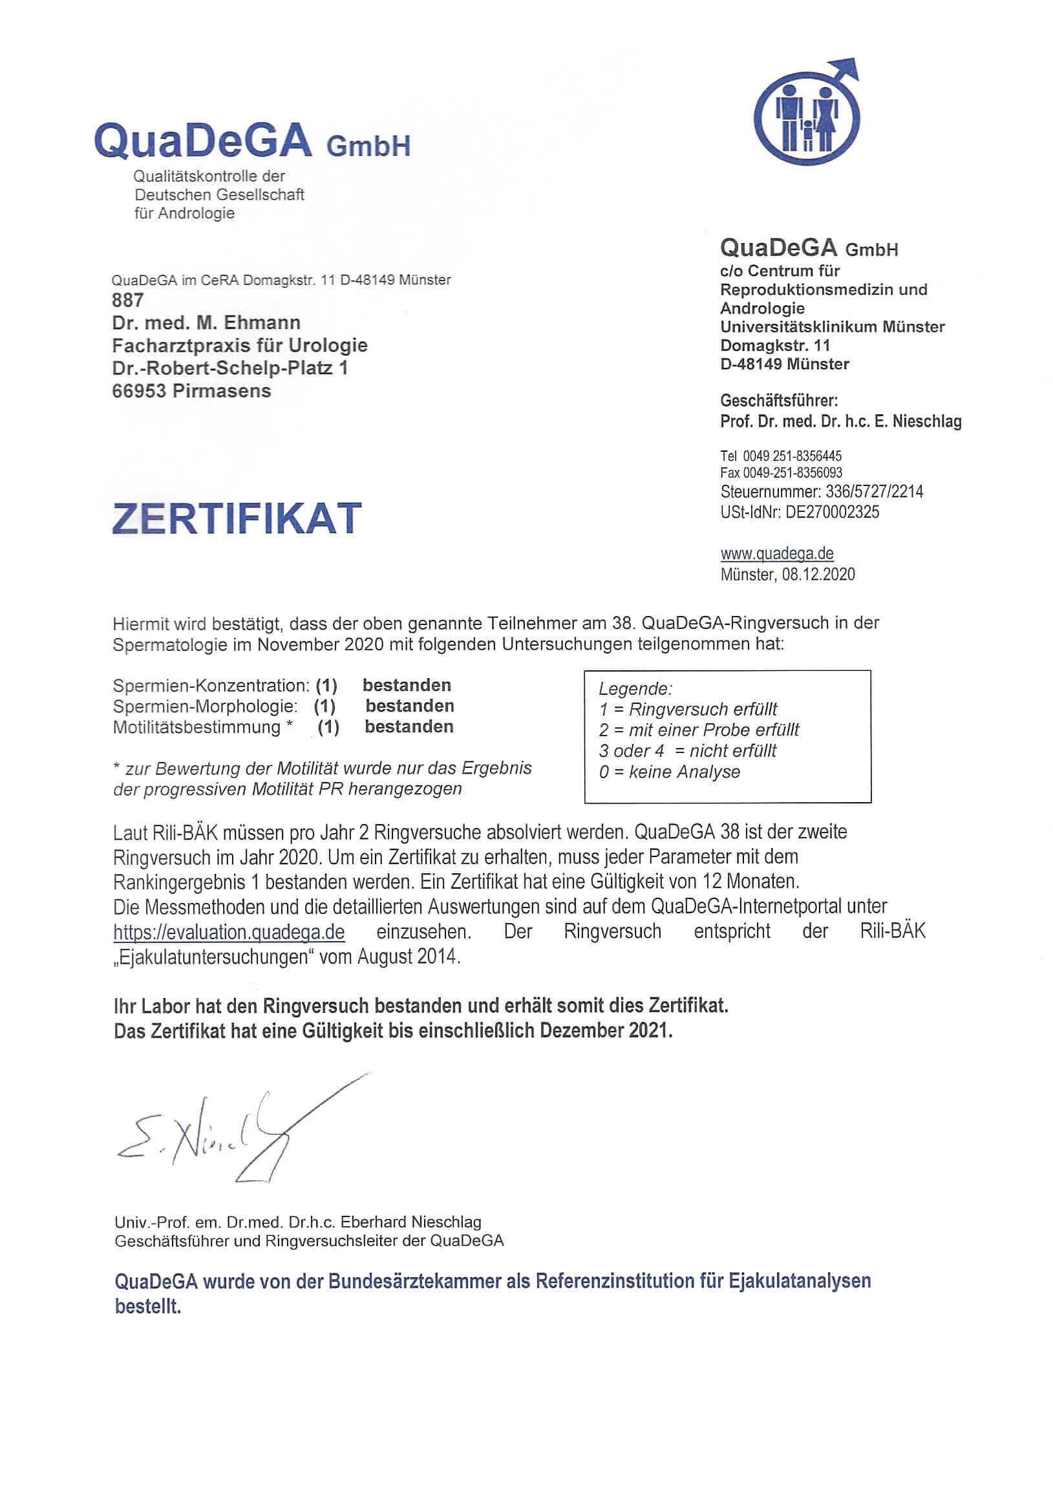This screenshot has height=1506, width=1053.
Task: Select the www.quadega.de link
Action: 777,553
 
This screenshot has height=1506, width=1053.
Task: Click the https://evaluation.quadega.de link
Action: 229,932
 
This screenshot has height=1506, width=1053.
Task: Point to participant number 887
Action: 127,301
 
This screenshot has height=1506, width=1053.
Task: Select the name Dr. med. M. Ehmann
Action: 206,323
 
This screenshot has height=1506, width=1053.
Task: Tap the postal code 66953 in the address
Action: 138,391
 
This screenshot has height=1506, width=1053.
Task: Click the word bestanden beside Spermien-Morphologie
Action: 409,706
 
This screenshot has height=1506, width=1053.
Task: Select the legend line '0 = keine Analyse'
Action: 669,772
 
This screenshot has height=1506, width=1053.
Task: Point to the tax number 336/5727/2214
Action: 874,491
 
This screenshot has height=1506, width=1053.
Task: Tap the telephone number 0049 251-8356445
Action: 792,456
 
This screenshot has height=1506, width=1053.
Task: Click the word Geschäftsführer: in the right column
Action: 779,400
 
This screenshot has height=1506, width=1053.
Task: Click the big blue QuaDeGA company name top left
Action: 204,140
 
